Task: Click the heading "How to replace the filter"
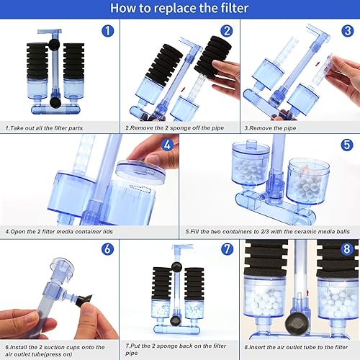(x=180, y=9)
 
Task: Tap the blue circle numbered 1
(x=107, y=32)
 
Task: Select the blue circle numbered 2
(x=226, y=32)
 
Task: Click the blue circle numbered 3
(x=346, y=32)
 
